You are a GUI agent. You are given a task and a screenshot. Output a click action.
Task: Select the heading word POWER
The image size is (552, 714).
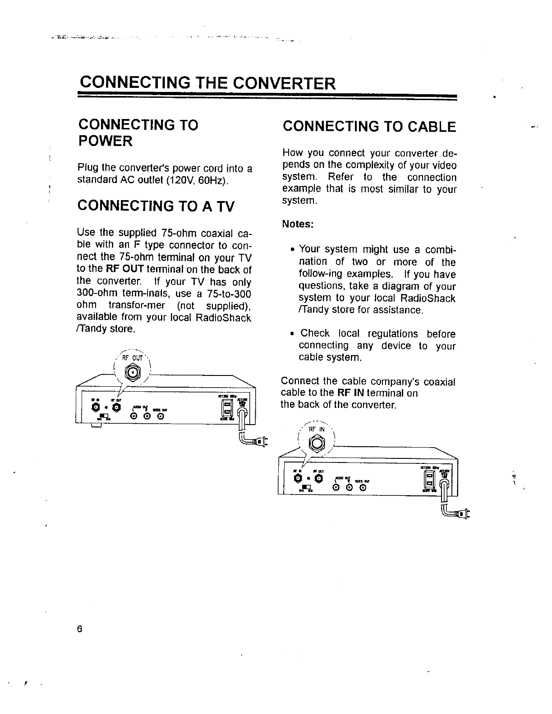pos(106,141)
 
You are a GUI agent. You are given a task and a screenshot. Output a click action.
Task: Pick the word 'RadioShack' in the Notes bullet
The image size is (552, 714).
pos(432,298)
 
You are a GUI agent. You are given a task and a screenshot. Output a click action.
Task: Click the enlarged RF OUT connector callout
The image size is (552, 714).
pos(132,372)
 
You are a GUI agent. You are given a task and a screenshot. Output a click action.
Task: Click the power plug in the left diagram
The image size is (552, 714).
pos(260,440)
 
